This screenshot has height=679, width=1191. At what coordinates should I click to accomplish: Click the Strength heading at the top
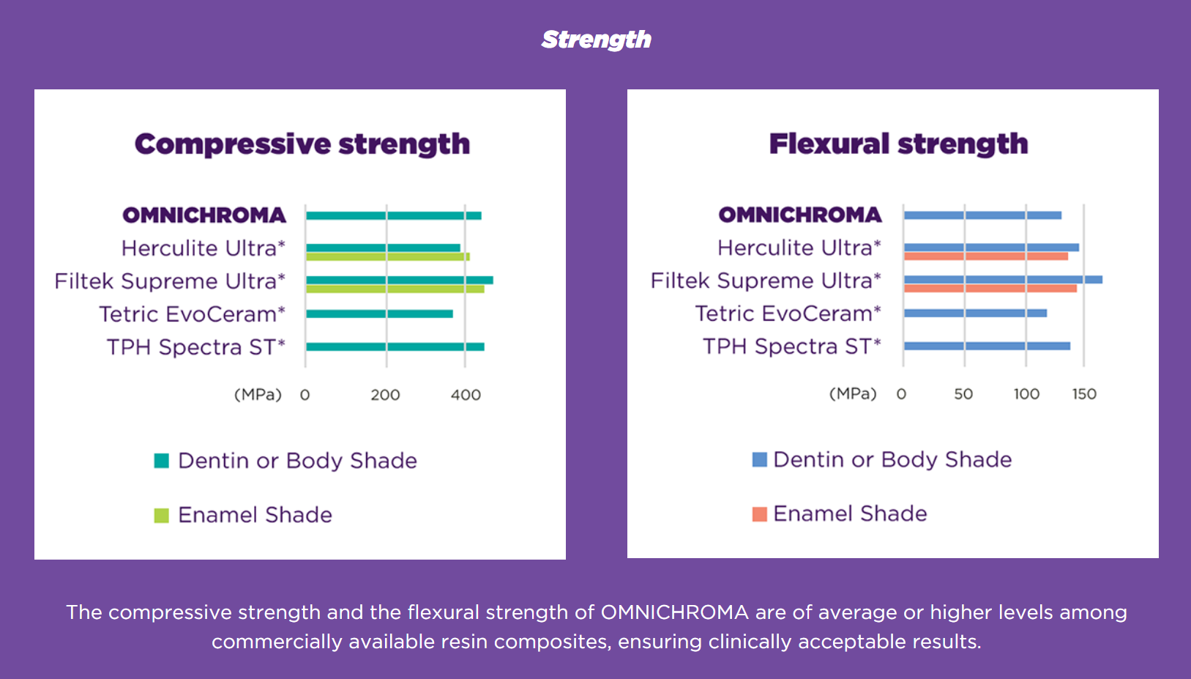[596, 40]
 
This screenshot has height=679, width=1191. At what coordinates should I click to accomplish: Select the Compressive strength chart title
[302, 144]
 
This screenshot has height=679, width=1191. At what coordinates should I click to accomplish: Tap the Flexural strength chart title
[899, 144]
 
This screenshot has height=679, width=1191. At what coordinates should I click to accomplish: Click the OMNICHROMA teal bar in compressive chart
[393, 215]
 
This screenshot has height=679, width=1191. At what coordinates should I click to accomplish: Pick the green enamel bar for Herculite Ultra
[388, 256]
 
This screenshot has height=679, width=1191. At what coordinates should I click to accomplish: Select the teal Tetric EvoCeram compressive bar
[380, 314]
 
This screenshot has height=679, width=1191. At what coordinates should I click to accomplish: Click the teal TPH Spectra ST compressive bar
[395, 347]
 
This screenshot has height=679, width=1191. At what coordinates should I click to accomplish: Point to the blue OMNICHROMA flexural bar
[982, 215]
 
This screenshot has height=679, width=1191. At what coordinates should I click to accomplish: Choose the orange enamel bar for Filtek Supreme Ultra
[990, 289]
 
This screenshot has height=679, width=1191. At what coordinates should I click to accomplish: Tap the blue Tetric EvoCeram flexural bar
[975, 313]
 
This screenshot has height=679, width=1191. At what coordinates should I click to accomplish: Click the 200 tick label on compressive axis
[386, 395]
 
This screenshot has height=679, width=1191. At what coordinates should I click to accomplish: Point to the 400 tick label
[466, 395]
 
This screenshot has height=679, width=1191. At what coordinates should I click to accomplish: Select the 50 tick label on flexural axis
[963, 394]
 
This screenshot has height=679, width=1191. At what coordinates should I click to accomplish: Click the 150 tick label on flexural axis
[1084, 394]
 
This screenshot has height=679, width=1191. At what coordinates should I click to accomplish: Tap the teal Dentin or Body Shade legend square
[162, 461]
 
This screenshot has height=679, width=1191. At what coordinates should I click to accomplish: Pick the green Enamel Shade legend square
[162, 516]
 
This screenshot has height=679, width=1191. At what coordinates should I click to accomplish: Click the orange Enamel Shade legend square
[760, 515]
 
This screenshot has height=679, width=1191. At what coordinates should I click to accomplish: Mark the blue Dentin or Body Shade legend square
[760, 460]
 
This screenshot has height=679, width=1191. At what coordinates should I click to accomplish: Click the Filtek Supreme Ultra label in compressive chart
[170, 281]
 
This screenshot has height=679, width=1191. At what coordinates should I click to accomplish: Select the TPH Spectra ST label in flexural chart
[792, 346]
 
